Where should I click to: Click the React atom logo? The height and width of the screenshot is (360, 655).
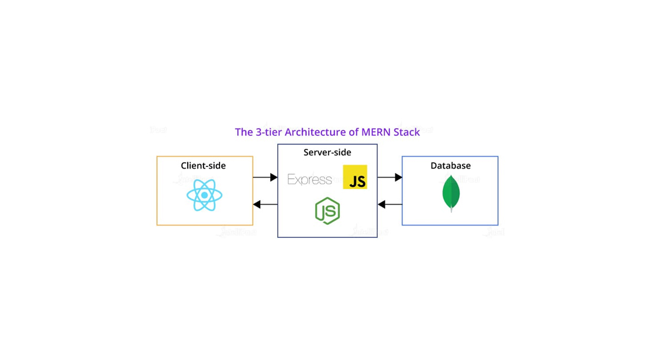pos(204,195)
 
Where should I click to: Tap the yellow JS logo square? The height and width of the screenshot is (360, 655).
pos(355,177)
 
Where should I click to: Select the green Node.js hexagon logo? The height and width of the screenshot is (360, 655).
pos(327,211)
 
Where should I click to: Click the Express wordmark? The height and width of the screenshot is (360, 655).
pos(310,179)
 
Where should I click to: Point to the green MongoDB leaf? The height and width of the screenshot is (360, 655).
pos(451,192)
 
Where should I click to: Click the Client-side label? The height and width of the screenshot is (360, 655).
pos(203,166)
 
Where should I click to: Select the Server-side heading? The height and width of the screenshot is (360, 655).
pos(327,152)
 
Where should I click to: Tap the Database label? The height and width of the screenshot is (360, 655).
pos(450,166)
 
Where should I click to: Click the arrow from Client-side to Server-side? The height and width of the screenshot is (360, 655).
pos(265,177)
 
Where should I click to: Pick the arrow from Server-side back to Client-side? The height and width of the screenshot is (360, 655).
pos(265,204)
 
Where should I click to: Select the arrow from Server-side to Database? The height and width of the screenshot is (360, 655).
pos(389,177)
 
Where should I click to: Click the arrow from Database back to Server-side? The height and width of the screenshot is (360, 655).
pos(389,204)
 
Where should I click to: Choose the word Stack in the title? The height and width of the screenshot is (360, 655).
pos(407,132)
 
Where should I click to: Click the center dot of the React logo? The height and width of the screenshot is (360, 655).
pos(204,195)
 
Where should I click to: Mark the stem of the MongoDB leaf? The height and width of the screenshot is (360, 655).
pos(451,208)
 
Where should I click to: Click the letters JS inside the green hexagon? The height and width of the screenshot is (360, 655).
pos(328,211)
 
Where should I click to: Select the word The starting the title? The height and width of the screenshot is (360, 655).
pos(244,132)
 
